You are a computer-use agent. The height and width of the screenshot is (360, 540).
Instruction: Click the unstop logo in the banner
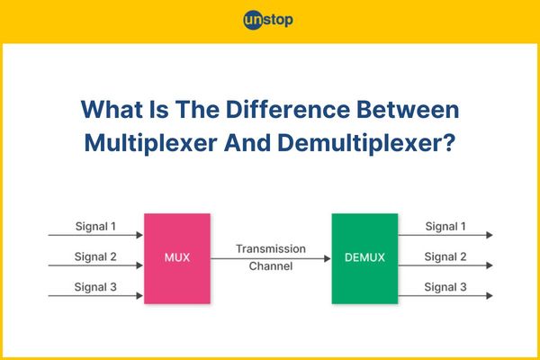[x=268, y=20]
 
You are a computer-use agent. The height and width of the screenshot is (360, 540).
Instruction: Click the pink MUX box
[x=177, y=258]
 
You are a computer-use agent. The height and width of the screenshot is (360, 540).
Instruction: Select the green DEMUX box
[x=364, y=258]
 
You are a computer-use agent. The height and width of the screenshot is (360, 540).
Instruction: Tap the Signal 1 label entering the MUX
[x=95, y=226]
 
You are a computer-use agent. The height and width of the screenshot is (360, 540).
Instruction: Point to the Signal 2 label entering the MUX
[x=95, y=256]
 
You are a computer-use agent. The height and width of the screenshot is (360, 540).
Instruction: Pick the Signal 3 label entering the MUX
[x=95, y=287]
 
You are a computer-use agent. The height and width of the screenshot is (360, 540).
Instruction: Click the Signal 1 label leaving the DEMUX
[x=445, y=226]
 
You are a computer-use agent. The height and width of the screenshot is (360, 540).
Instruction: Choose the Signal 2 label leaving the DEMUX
[x=445, y=256]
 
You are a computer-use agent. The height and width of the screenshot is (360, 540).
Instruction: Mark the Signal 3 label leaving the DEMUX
[x=445, y=287]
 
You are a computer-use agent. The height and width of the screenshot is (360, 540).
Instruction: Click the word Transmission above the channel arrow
[x=271, y=248]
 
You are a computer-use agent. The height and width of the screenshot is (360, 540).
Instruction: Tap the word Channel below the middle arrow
[x=271, y=266]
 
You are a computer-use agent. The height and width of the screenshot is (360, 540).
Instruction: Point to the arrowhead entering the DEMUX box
[x=328, y=258]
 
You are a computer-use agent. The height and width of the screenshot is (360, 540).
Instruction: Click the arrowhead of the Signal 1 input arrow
[x=139, y=235]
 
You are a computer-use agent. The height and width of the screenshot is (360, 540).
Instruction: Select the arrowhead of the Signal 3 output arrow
[x=490, y=295]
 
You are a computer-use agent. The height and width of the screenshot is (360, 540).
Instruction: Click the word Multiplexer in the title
[x=151, y=143]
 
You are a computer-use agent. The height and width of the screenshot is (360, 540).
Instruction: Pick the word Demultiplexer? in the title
[x=366, y=143]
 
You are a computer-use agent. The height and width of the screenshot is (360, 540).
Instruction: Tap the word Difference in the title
[x=288, y=110]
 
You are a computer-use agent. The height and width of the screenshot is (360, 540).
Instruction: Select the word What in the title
[x=112, y=110]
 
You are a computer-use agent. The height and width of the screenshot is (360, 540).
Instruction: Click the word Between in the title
[x=408, y=110]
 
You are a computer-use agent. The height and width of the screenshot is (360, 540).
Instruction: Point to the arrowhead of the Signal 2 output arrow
[x=490, y=265]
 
